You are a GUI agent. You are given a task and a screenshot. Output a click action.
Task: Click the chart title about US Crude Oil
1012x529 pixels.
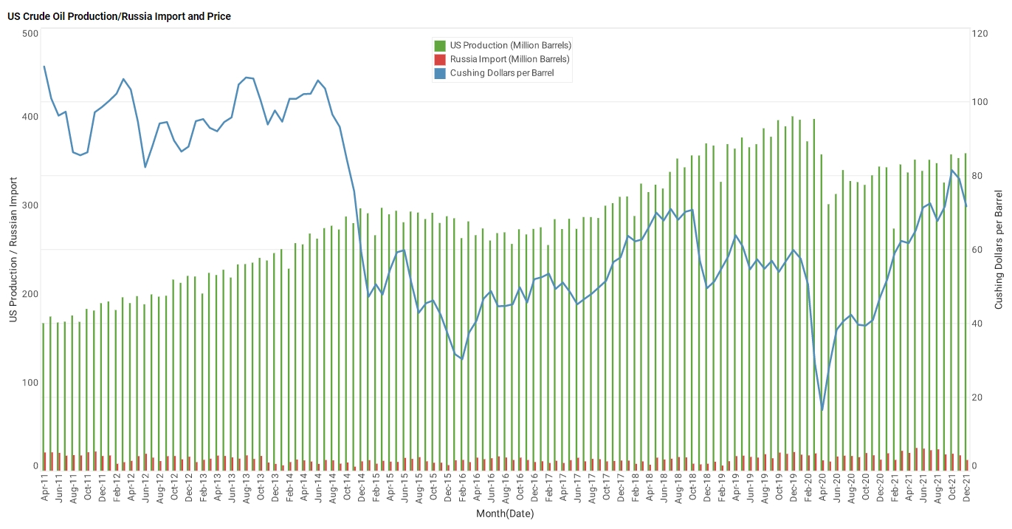click(119, 16)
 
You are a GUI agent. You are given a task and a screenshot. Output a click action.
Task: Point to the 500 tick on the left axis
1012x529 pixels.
click(30, 34)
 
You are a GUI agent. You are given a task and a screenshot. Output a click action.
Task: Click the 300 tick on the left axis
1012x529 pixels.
click(30, 205)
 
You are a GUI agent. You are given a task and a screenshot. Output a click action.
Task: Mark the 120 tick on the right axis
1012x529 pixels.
click(980, 34)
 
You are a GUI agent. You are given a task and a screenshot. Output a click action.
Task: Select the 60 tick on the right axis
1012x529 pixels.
click(977, 250)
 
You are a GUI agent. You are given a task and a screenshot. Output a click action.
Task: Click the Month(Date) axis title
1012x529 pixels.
click(505, 513)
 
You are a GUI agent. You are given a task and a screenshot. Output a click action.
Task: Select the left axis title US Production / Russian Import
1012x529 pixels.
click(13, 250)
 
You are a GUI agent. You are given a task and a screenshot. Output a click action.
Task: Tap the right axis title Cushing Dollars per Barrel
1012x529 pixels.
click(999, 250)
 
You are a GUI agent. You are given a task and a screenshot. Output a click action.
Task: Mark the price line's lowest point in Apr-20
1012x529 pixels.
click(822, 410)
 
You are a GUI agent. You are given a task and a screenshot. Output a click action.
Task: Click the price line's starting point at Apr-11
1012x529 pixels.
click(44, 66)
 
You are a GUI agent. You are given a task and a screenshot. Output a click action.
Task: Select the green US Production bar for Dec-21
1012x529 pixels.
click(965, 310)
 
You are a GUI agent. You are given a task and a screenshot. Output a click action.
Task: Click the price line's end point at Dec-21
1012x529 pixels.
click(966, 206)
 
